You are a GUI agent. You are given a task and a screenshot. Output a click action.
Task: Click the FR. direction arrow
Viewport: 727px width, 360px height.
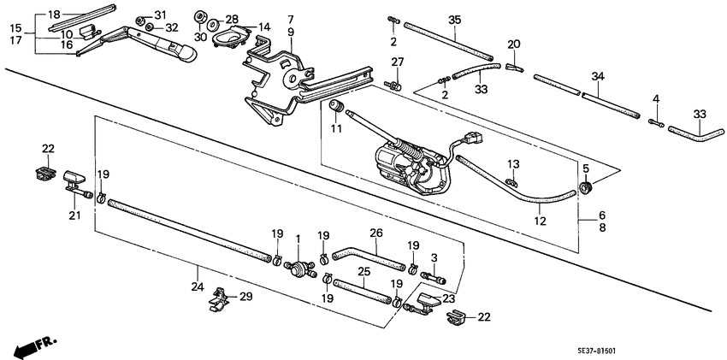click(x=33, y=346)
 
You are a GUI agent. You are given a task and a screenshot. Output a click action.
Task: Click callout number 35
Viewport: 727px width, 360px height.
click(x=454, y=20)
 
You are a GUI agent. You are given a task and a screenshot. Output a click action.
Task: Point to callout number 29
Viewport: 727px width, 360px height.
click(x=246, y=296)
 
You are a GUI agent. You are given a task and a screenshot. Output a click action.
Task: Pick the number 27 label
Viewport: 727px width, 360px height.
click(x=397, y=62)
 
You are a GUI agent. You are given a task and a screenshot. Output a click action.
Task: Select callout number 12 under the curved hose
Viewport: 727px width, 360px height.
click(x=539, y=221)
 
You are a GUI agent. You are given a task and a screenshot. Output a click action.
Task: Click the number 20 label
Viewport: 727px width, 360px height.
click(x=513, y=44)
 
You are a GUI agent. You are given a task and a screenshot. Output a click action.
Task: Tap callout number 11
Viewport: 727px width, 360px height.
click(x=335, y=128)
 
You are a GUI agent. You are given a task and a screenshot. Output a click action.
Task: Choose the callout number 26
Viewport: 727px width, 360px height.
click(x=375, y=232)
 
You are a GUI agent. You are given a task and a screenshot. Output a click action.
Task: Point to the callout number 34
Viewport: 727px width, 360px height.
click(x=599, y=78)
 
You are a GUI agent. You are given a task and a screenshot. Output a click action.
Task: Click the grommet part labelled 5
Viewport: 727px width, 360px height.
click(x=584, y=187)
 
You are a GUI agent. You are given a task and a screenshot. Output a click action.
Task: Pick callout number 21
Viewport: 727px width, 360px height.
click(x=74, y=215)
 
